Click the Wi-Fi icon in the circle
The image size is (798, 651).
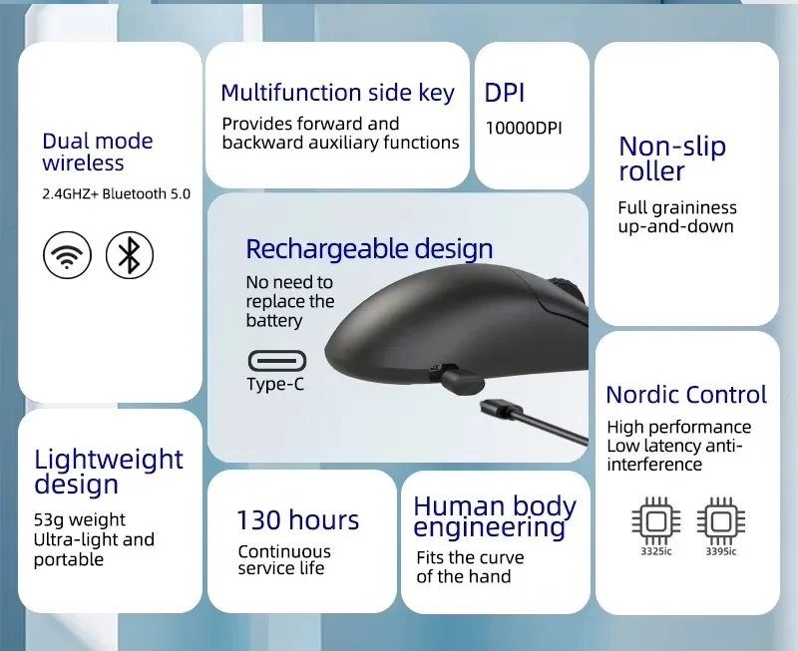click(67, 255)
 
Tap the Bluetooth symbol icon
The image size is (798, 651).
click(130, 255)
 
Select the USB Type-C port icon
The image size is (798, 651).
click(277, 361)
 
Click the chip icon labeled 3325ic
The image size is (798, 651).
click(656, 521)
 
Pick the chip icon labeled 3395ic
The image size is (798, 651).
click(721, 521)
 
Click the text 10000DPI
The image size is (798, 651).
click(524, 128)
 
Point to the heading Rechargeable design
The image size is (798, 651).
click(369, 249)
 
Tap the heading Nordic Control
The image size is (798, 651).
click(686, 395)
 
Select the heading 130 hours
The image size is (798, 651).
click(298, 520)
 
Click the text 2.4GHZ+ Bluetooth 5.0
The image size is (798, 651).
click(116, 193)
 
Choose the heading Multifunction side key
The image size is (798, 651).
click(337, 93)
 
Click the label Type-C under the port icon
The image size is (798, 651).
click(275, 384)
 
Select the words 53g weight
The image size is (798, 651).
click(80, 520)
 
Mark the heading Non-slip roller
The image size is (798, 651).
click(672, 159)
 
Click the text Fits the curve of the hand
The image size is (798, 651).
click(470, 567)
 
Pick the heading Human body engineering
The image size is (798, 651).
click(495, 516)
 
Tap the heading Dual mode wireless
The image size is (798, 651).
click(97, 153)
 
